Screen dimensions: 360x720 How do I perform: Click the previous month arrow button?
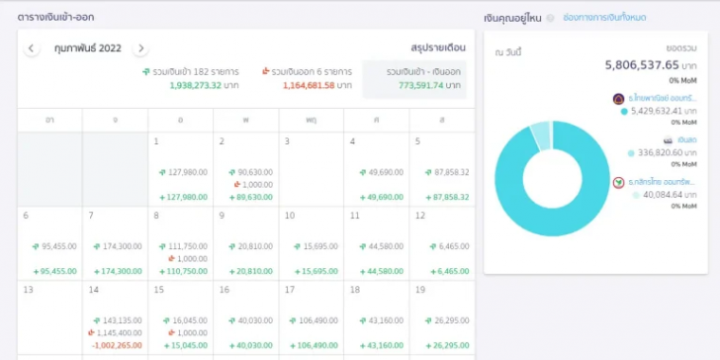(32, 48)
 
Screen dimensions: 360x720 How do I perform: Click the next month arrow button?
(141, 48)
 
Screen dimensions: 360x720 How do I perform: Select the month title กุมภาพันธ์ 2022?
(87, 48)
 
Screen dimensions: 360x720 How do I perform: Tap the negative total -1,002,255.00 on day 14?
(117, 345)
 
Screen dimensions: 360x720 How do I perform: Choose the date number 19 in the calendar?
(420, 290)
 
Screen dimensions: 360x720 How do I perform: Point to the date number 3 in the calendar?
(288, 141)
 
